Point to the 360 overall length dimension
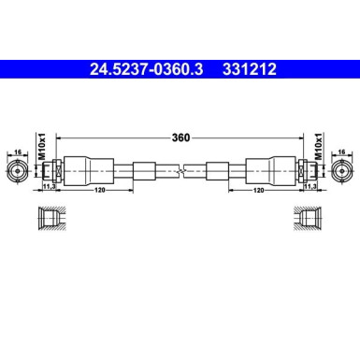click(x=180, y=137)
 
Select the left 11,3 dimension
click(x=50, y=186)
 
